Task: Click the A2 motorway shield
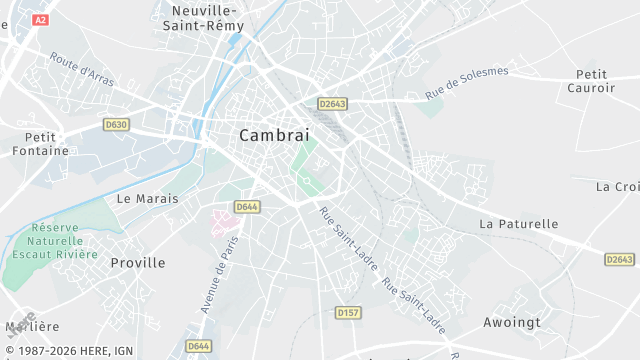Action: (x=40, y=20)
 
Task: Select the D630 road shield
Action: (x=116, y=124)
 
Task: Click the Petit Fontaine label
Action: (x=41, y=144)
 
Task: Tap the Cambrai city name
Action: (x=274, y=135)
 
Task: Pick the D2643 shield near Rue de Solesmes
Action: (x=333, y=103)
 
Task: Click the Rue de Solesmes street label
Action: (x=466, y=82)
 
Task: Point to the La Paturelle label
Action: (x=519, y=224)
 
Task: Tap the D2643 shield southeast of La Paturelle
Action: (x=619, y=259)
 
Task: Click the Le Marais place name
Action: (x=147, y=198)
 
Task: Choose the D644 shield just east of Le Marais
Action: (x=247, y=207)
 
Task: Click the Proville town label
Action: (x=138, y=262)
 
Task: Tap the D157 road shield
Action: (x=348, y=313)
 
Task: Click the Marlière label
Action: (x=32, y=326)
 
